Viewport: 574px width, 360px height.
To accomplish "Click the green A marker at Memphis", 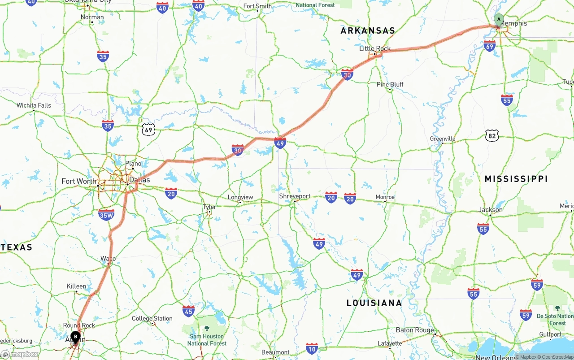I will [x=499, y=20].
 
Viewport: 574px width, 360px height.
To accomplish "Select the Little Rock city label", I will [x=375, y=48].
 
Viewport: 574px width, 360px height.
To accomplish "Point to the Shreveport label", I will [x=295, y=196].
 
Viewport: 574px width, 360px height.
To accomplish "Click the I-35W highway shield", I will [x=106, y=215].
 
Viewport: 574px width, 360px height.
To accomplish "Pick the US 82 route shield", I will [x=492, y=135].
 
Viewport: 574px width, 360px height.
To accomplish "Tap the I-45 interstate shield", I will [x=188, y=311].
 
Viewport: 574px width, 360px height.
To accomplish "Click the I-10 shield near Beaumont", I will [x=312, y=348].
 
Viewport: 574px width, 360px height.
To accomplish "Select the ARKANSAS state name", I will [x=368, y=30].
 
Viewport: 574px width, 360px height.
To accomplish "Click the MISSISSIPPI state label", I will [x=516, y=179].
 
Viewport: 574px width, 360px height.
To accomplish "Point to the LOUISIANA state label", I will [x=374, y=303].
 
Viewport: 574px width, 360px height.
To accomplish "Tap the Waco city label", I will [x=108, y=259].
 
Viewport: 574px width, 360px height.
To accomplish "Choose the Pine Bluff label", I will [x=390, y=84].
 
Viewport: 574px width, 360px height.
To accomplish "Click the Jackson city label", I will [x=491, y=209].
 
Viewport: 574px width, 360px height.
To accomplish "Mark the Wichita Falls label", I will [x=34, y=105].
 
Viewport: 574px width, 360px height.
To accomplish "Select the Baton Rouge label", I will [x=415, y=330].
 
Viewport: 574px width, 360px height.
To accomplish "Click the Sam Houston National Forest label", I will [x=207, y=339].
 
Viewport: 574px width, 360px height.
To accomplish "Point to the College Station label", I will [x=152, y=318].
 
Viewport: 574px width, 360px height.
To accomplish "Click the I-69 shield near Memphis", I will [x=489, y=46].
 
